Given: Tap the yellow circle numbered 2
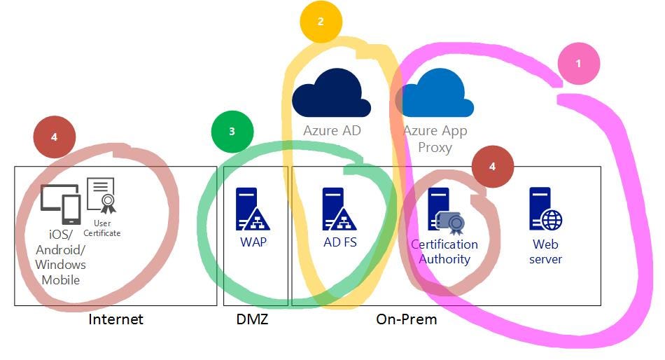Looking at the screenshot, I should point(321,22).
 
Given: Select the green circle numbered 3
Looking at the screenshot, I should point(232,131).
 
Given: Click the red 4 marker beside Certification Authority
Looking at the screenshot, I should point(493,167).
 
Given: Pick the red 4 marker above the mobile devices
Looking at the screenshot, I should point(55,137).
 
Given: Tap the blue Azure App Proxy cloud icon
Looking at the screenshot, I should point(435,95).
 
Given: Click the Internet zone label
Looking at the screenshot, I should point(115,319).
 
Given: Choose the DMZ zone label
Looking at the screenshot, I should point(253,319).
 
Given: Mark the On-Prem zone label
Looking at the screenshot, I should point(407,319).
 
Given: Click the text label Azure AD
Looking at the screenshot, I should point(332,130).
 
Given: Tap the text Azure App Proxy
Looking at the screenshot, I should point(435,139).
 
